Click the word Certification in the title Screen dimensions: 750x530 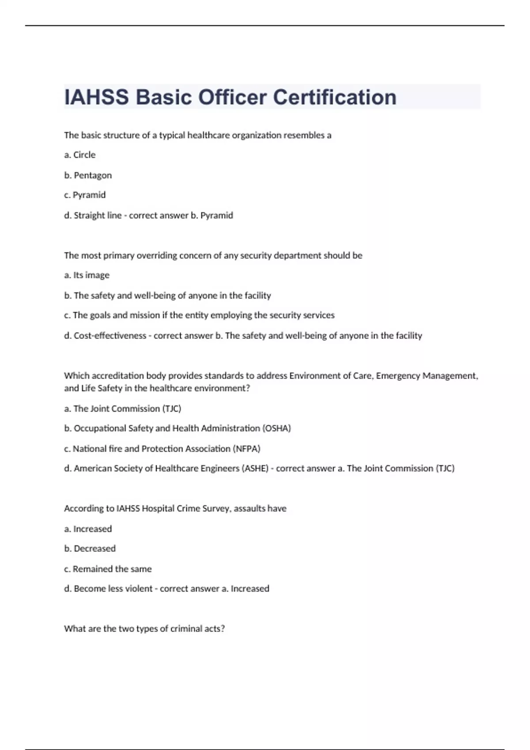pyautogui.click(x=334, y=97)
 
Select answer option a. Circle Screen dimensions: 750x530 pyautogui.click(x=80, y=155)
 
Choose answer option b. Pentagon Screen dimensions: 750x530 pyautogui.click(x=88, y=175)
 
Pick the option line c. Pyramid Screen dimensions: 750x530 pyautogui.click(x=85, y=195)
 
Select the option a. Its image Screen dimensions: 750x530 pyautogui.click(x=87, y=275)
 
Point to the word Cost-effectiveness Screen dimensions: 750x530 pyautogui.click(x=110, y=336)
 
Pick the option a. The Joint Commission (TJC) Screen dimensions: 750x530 pyautogui.click(x=123, y=409)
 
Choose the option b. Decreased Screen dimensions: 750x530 pyautogui.click(x=90, y=548)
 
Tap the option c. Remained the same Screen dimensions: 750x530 pyautogui.click(x=108, y=569)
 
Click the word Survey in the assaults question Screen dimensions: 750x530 pyautogui.click(x=216, y=509)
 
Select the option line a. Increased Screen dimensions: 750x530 pyautogui.click(x=88, y=529)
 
